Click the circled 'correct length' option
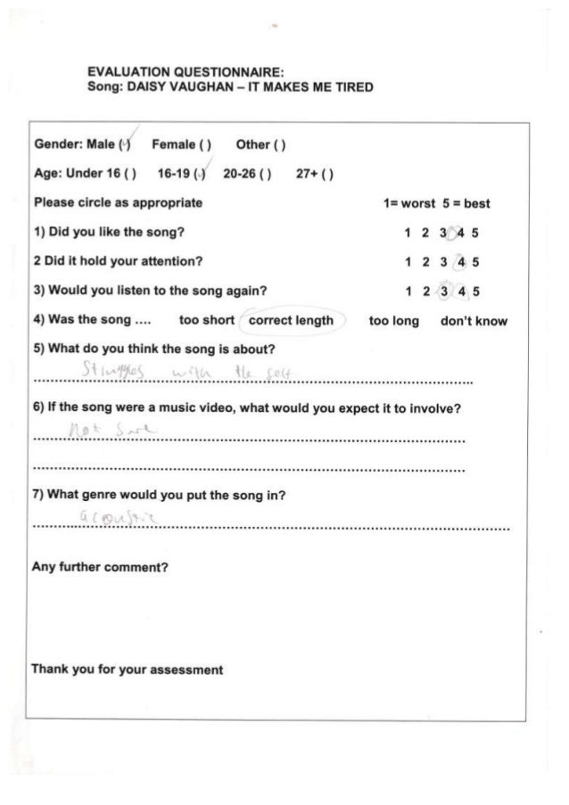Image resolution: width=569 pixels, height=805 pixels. point(291,320)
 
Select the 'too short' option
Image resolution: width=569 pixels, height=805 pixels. point(206,320)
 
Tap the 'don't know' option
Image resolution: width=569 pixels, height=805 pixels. point(474,320)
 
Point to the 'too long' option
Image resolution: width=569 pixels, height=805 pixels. point(393,320)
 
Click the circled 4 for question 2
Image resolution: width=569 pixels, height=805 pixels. point(460,262)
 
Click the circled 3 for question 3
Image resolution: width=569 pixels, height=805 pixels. point(443,291)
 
